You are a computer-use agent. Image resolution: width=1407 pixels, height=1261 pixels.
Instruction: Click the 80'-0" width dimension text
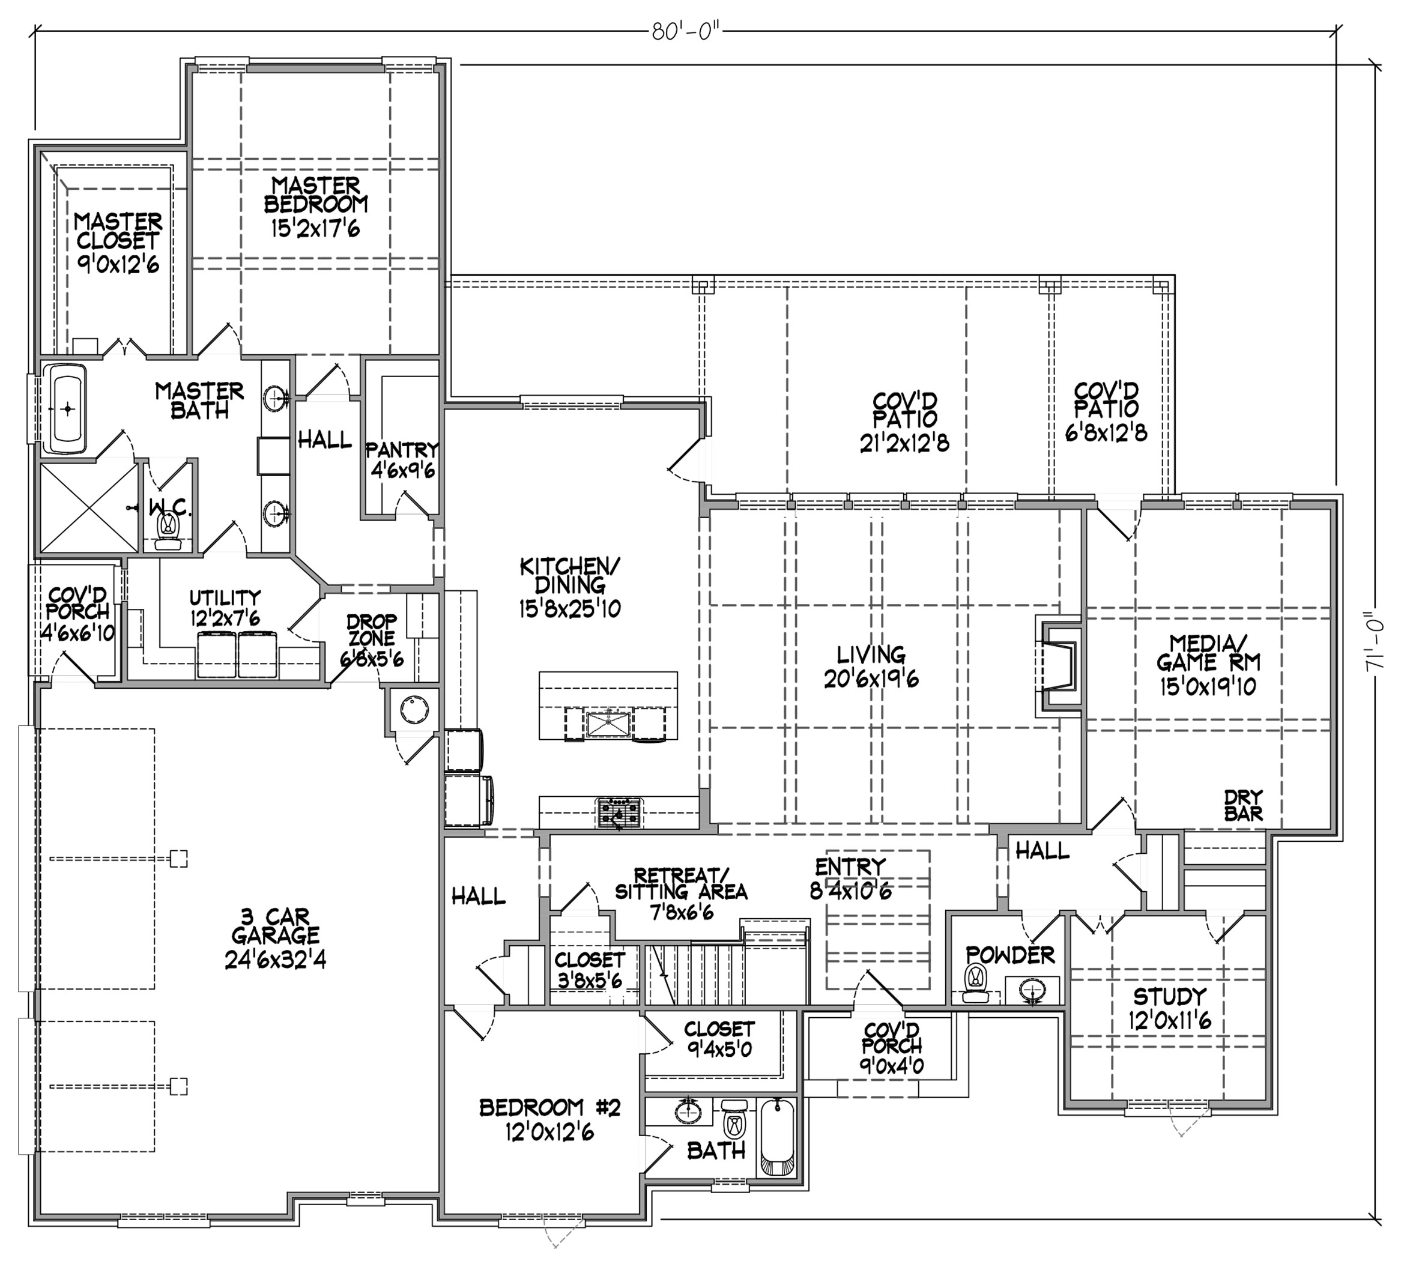point(682,31)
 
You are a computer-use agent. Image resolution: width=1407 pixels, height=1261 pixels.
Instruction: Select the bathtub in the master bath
point(67,409)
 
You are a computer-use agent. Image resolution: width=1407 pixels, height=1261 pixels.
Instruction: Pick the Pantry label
point(402,450)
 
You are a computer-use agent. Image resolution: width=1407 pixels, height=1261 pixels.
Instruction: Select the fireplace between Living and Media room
point(1058,665)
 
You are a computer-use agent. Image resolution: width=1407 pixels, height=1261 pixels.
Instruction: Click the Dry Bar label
point(1243,805)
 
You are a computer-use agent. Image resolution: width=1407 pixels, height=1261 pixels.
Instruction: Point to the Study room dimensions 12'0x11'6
point(1170,1021)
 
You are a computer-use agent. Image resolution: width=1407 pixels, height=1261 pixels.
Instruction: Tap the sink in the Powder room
point(1032,991)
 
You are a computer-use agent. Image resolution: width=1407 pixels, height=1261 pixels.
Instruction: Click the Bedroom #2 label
point(549,1108)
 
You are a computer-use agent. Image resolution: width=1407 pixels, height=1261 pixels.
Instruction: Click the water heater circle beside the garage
point(414,710)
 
